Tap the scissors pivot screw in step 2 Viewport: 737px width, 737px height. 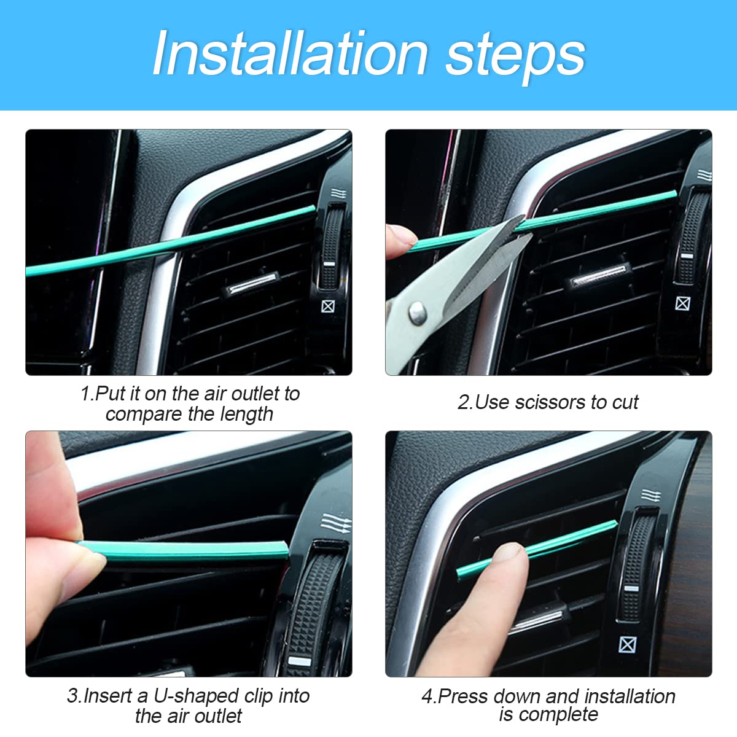(418, 313)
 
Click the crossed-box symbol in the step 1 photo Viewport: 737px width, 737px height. (329, 305)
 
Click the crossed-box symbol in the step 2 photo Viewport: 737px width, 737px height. (682, 303)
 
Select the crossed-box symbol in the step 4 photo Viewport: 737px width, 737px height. (626, 644)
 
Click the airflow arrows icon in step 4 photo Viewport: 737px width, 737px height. (650, 495)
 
